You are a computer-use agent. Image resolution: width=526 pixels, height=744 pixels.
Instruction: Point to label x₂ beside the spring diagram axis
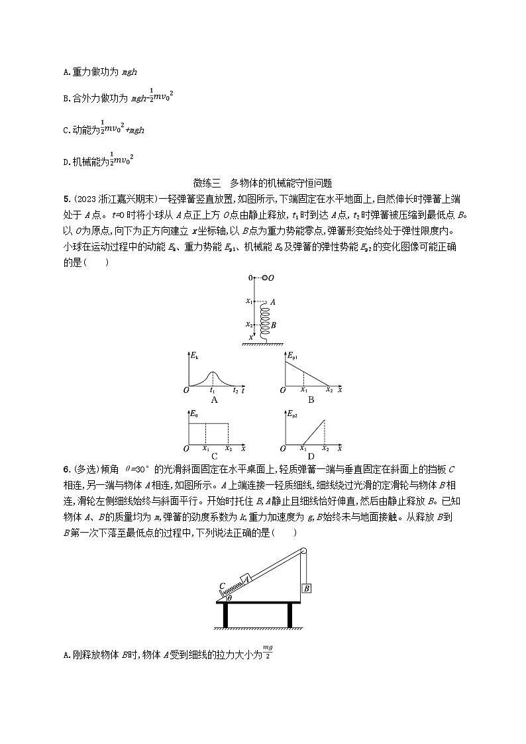click(x=250, y=325)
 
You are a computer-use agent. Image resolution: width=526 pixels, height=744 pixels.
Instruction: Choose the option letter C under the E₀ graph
click(x=214, y=456)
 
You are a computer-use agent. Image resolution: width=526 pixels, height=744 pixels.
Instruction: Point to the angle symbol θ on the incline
click(x=229, y=598)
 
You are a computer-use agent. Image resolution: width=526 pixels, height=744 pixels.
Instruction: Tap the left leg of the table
click(x=227, y=615)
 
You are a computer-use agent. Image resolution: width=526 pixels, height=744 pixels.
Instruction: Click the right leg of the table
click(x=289, y=615)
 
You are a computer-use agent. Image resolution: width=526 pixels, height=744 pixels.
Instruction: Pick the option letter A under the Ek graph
click(x=214, y=399)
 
